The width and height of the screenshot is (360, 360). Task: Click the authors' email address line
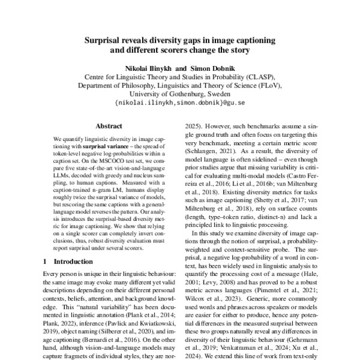point(179,103)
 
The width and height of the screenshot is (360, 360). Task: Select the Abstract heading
point(109,127)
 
